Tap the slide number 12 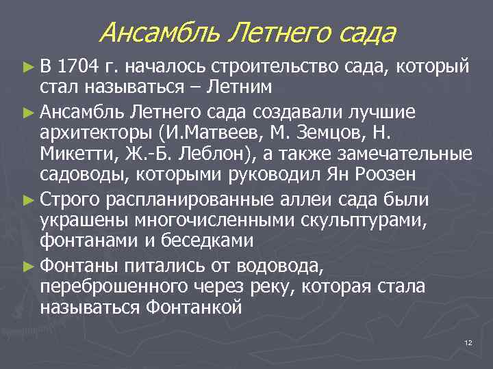click(x=468, y=342)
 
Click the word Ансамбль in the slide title click(x=160, y=32)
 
